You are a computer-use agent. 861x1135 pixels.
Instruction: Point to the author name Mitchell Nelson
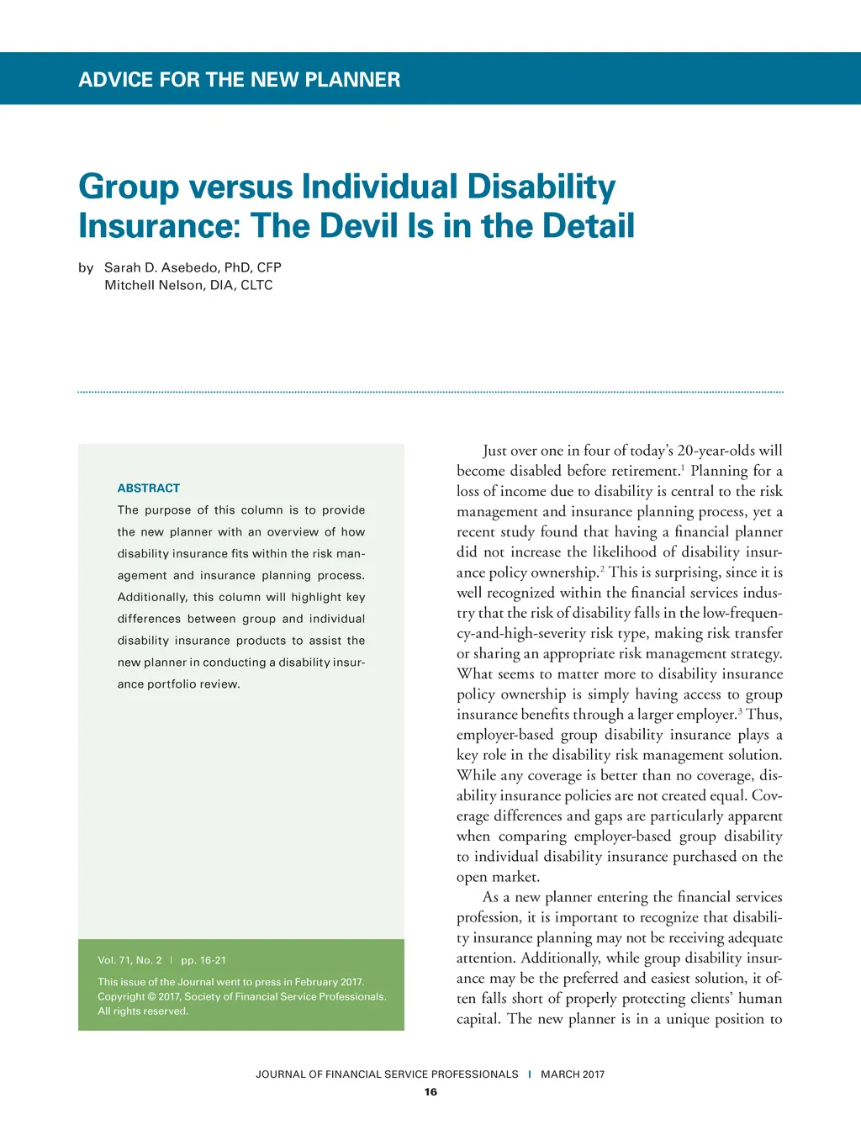(153, 285)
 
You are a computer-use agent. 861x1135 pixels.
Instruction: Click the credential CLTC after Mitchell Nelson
(256, 285)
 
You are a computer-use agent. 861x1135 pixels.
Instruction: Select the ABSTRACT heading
(149, 488)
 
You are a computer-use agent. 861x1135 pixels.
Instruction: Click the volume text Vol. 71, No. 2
(129, 960)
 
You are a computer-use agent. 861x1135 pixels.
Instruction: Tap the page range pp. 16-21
(203, 960)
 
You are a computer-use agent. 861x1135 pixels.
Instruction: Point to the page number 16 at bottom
(430, 1092)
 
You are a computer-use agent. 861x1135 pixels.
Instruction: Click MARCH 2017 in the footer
(573, 1074)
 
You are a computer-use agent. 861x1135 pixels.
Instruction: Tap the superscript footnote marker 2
(602, 568)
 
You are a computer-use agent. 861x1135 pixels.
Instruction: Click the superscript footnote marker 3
(740, 710)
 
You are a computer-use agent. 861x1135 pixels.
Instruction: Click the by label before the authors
(86, 267)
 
